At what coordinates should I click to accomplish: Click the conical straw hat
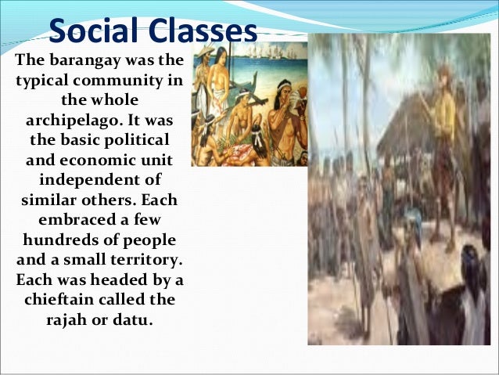(x=205, y=52)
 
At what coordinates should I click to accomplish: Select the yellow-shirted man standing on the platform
(x=446, y=117)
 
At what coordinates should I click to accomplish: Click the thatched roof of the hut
(x=407, y=117)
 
